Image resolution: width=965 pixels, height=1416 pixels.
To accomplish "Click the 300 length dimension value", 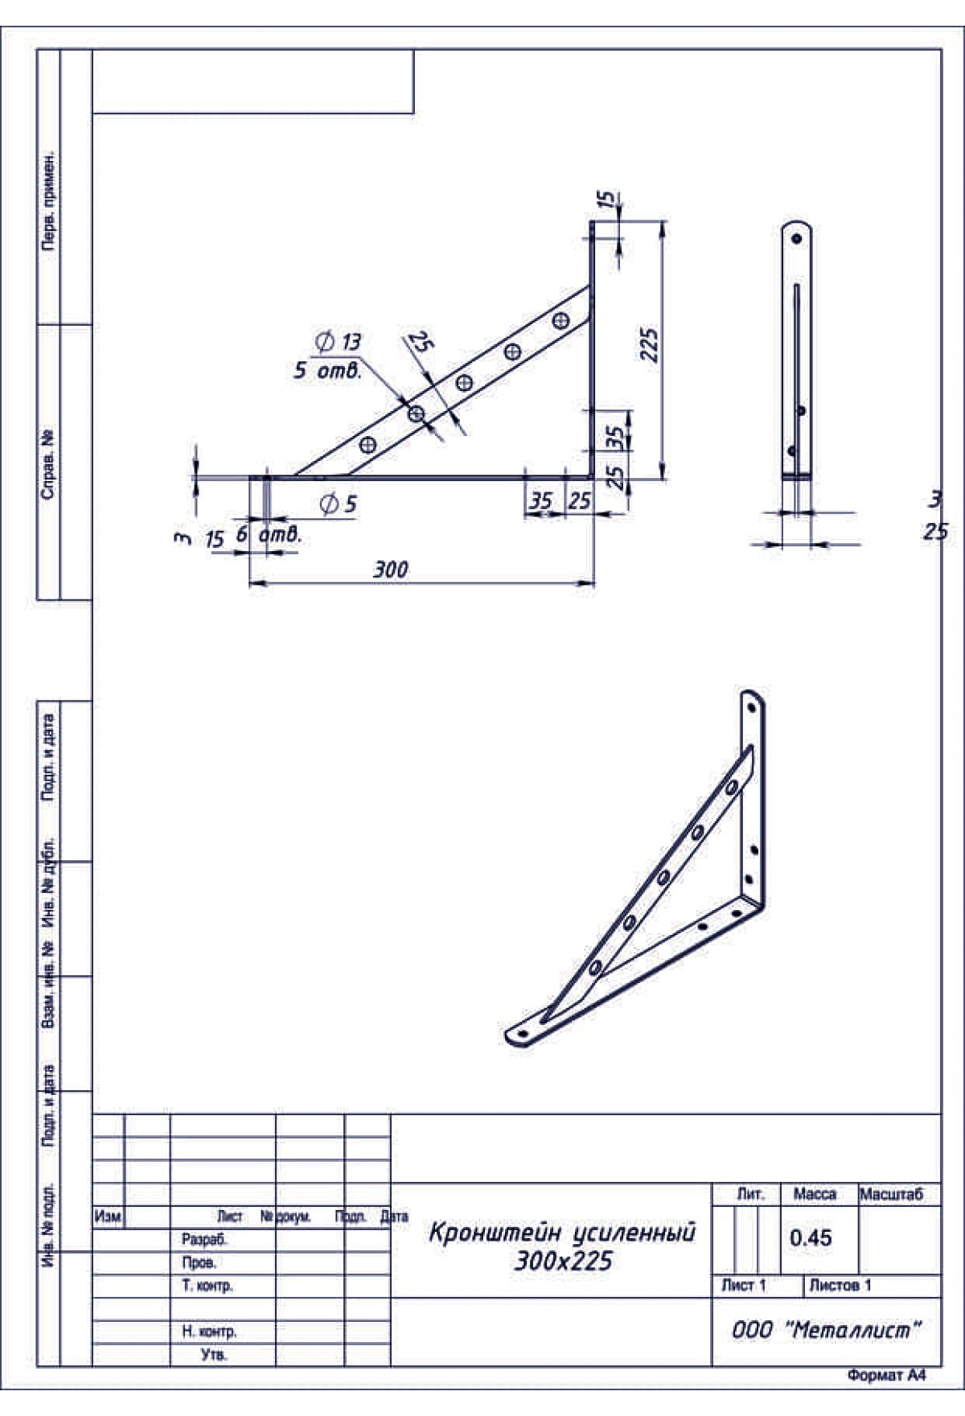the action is [390, 570].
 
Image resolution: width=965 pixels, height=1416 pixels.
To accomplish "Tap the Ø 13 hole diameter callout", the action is [339, 342].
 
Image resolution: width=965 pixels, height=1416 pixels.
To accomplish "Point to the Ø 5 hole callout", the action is [338, 504].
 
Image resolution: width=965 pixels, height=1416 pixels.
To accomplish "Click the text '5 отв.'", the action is [328, 371].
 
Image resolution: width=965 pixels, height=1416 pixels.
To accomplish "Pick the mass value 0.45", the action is [811, 1237].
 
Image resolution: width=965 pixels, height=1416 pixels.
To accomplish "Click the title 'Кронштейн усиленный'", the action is [562, 1233].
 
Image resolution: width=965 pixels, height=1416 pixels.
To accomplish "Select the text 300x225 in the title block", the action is [563, 1261].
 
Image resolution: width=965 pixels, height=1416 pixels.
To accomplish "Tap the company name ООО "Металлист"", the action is [826, 1330].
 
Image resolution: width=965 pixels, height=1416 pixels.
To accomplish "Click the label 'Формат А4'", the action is [886, 1376].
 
